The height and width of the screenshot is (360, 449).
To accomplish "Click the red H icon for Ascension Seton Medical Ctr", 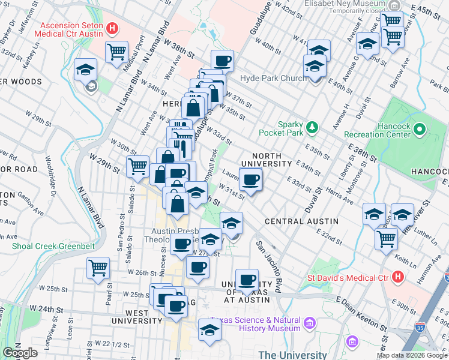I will pos(111,28).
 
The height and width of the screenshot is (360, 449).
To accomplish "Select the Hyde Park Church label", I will pos(273,79).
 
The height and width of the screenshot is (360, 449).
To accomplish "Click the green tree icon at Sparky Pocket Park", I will pos(312,127).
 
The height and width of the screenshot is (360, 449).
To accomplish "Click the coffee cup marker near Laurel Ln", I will pos(251,179).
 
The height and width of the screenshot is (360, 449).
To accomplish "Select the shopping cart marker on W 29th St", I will pos(138,166).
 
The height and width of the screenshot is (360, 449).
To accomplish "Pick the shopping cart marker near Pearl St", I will pos(98,268).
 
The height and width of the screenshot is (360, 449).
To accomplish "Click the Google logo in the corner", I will pos(20,353).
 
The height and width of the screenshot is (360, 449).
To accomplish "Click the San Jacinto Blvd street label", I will pos(268,268).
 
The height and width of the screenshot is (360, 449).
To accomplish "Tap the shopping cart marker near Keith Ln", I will pos(386,238).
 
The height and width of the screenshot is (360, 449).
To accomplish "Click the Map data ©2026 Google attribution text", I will pos(412,355).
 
